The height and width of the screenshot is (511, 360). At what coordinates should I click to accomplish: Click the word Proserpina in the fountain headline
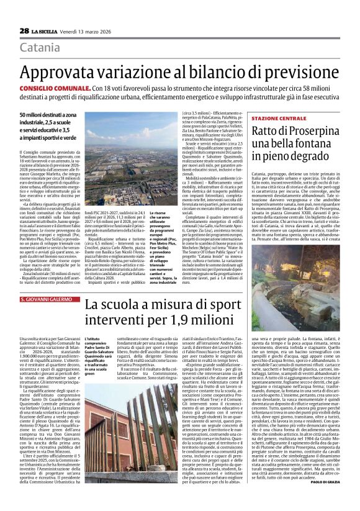(x=296, y=131)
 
